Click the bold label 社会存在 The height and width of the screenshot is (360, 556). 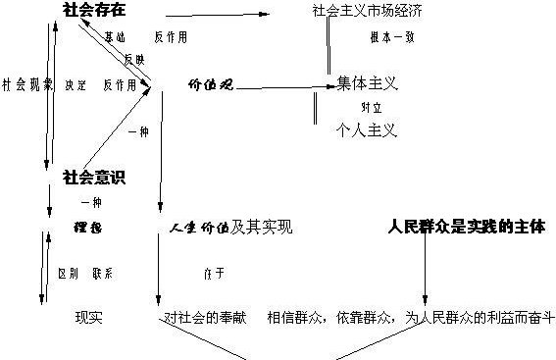[96, 12]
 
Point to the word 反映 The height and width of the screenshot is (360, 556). [134, 59]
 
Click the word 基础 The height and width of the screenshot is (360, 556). [115, 37]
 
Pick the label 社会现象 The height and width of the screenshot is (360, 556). [26, 84]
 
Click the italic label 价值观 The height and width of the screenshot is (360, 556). [209, 84]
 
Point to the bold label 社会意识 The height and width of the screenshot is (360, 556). [93, 177]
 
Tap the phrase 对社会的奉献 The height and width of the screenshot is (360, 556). [203, 318]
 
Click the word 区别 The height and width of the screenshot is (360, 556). [68, 274]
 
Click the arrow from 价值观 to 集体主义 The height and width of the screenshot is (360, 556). [280, 87]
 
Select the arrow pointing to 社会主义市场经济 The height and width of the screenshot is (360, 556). [216, 16]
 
